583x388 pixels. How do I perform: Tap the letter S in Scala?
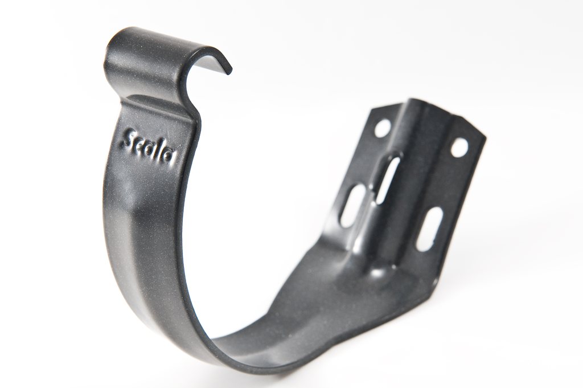(x=129, y=139)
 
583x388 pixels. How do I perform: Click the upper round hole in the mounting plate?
(x=382, y=127)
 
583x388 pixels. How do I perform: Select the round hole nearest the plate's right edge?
(x=459, y=146)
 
